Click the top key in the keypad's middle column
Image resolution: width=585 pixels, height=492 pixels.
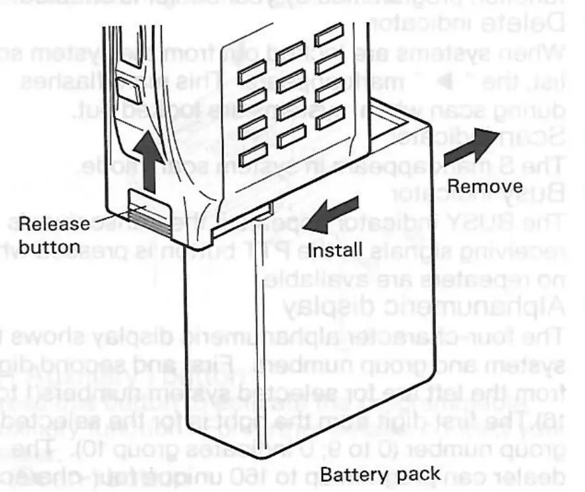(x=290, y=54)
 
